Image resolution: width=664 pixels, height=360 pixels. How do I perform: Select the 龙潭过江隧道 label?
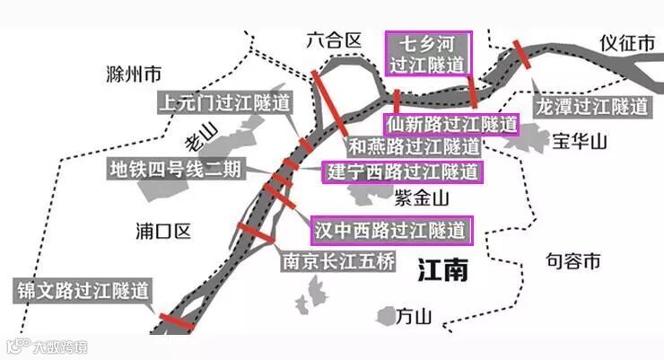coord(591,106)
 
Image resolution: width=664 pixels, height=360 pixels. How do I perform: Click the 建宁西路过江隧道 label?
coord(402,171)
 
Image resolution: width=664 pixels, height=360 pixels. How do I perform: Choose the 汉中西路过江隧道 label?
coord(391,230)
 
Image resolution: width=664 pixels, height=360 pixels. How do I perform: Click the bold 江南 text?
coord(442,269)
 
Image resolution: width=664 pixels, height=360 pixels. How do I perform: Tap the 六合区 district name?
coord(333,40)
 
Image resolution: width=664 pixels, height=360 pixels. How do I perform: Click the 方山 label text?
coord(415,316)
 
